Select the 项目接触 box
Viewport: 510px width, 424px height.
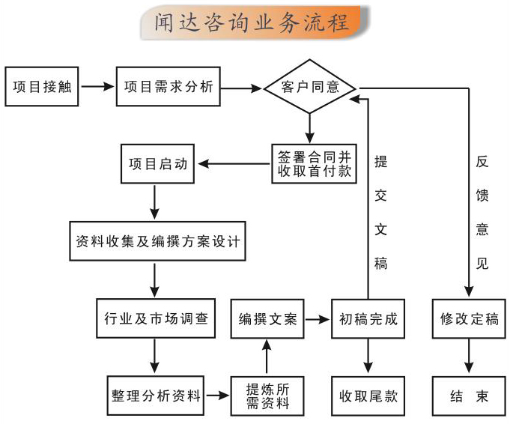41,86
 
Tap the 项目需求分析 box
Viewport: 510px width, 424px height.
169,86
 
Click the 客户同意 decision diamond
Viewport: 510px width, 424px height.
309,86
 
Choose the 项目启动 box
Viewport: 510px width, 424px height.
157,163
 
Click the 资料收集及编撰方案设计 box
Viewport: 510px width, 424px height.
157,242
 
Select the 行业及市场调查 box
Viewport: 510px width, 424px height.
156,319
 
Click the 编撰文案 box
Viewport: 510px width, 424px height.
267,319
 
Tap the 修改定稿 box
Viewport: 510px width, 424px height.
470,319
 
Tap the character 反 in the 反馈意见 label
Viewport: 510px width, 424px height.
483,162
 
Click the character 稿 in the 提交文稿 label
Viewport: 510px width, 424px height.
380,263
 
